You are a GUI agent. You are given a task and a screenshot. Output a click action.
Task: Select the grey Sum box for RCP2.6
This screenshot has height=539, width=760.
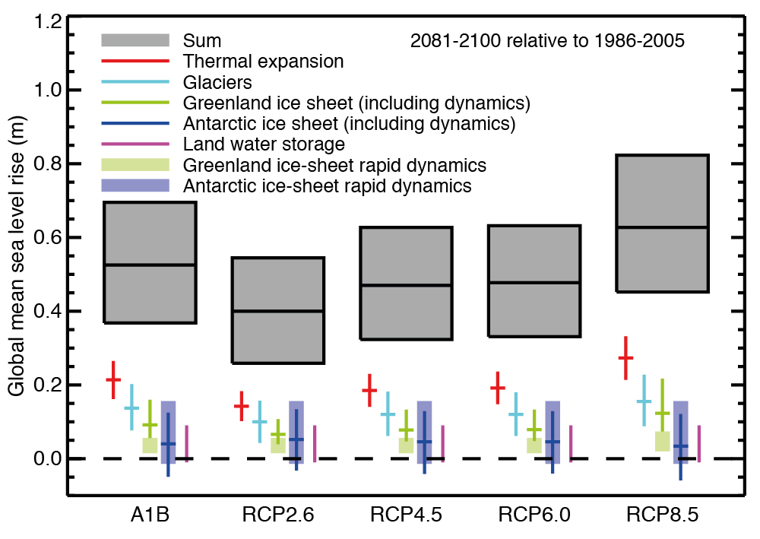[x=278, y=310]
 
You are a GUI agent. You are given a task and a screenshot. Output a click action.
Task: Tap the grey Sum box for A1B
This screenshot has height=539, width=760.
[x=150, y=262]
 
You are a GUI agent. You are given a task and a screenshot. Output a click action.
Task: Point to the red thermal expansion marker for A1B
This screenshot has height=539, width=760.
[x=113, y=379]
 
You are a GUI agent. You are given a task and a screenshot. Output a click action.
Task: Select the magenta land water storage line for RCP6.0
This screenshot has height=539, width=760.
[x=570, y=443]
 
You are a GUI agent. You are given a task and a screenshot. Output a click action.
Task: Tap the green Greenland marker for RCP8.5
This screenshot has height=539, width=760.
[x=662, y=413]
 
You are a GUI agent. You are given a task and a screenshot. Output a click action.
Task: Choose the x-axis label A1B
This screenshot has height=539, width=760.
[x=148, y=514]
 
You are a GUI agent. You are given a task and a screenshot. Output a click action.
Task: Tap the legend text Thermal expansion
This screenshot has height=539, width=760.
[x=263, y=61]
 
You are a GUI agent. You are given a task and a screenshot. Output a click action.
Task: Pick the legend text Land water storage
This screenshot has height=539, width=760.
[x=264, y=144]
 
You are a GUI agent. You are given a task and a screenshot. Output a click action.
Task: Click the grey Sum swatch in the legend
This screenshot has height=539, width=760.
[x=135, y=40]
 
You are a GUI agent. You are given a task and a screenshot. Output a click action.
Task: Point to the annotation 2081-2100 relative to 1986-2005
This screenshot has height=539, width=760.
[x=547, y=40]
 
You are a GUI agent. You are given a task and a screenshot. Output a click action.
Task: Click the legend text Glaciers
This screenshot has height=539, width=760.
[x=217, y=81]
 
